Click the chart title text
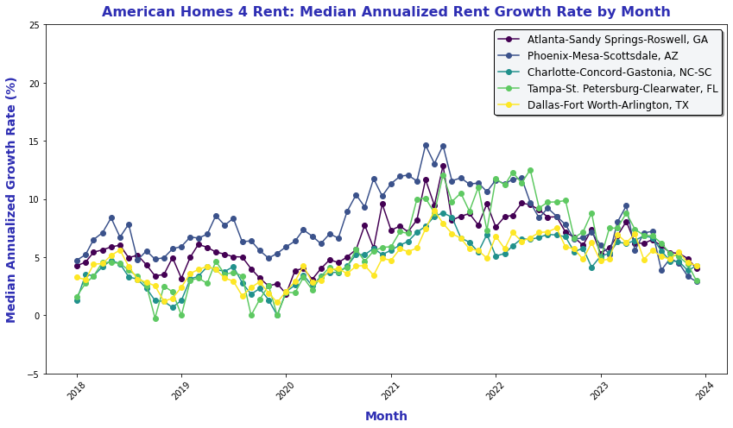coord(385,11)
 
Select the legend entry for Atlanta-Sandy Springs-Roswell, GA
coord(617,40)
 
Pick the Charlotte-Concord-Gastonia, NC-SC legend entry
coord(619,72)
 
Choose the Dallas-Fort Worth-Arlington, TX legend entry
coord(609,105)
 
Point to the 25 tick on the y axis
coord(33,25)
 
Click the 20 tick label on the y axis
coord(33,84)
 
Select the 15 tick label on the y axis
coord(33,142)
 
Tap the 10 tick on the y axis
coord(33,199)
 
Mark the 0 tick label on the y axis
coord(35,316)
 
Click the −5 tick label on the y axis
coord(32,374)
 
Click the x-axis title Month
coord(385,416)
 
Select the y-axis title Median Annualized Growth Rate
coord(12,199)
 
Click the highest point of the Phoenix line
coord(426,146)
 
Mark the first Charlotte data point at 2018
coord(77,300)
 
